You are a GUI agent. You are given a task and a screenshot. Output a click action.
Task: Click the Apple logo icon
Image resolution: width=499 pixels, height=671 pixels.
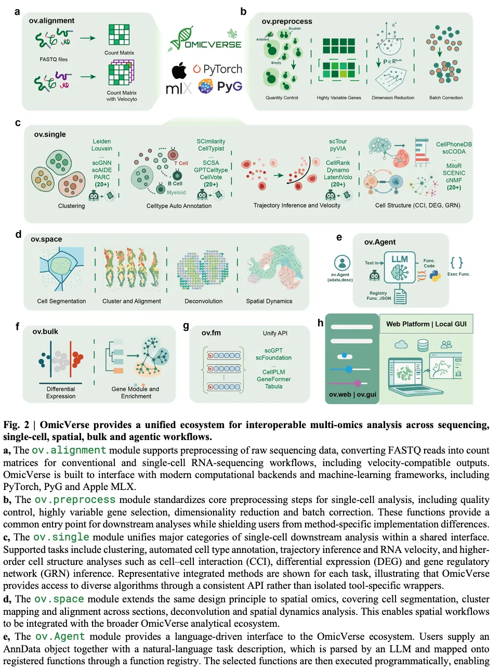(x=179, y=70)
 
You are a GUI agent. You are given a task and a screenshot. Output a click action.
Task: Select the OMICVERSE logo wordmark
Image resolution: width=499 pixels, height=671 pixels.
(x=213, y=45)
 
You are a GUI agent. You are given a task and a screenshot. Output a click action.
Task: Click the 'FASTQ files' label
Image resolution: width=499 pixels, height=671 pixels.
(x=54, y=59)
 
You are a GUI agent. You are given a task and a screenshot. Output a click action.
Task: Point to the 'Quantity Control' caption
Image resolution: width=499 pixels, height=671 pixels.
(x=282, y=98)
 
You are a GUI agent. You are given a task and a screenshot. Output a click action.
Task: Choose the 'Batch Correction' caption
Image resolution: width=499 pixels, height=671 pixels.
(x=445, y=98)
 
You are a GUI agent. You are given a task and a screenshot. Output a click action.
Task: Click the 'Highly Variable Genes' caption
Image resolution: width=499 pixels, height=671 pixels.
(x=339, y=98)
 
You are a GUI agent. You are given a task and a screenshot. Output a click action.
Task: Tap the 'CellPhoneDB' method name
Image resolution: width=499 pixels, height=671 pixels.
(x=454, y=145)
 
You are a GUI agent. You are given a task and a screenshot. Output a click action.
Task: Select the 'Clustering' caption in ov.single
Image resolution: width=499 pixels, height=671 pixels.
(x=71, y=206)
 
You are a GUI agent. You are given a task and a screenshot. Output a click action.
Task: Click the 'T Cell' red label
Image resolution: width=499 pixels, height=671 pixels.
(x=181, y=163)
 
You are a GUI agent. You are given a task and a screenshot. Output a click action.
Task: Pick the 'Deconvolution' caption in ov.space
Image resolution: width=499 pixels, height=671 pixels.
(x=203, y=301)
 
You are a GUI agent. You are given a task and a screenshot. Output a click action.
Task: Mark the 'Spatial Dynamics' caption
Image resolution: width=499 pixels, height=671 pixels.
(x=269, y=301)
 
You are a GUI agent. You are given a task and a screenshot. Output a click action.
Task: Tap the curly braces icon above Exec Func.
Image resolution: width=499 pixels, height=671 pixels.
(x=456, y=262)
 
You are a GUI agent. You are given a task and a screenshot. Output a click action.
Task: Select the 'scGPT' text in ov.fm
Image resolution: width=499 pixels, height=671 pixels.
(x=273, y=351)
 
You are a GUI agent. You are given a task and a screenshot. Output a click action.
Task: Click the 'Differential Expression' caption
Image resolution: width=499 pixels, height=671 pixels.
(x=61, y=393)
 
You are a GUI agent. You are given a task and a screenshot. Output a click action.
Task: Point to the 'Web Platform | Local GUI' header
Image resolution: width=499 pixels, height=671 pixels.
(x=426, y=324)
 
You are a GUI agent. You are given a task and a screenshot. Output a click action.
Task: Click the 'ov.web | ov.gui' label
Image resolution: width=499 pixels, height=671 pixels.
(x=352, y=394)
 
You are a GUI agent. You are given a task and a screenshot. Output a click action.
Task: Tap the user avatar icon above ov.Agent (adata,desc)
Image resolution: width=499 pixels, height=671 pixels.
(x=342, y=262)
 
